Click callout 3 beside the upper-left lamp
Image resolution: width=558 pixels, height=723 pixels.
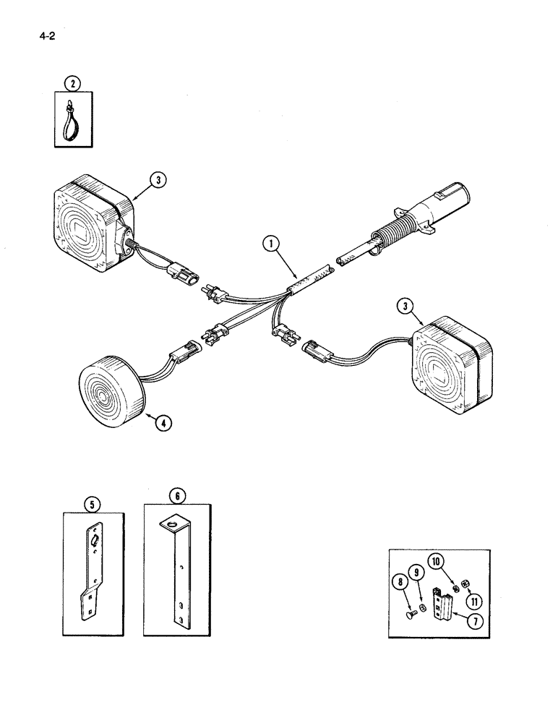pos(158,180)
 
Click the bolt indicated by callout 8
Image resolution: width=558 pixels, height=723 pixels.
pos(412,613)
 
